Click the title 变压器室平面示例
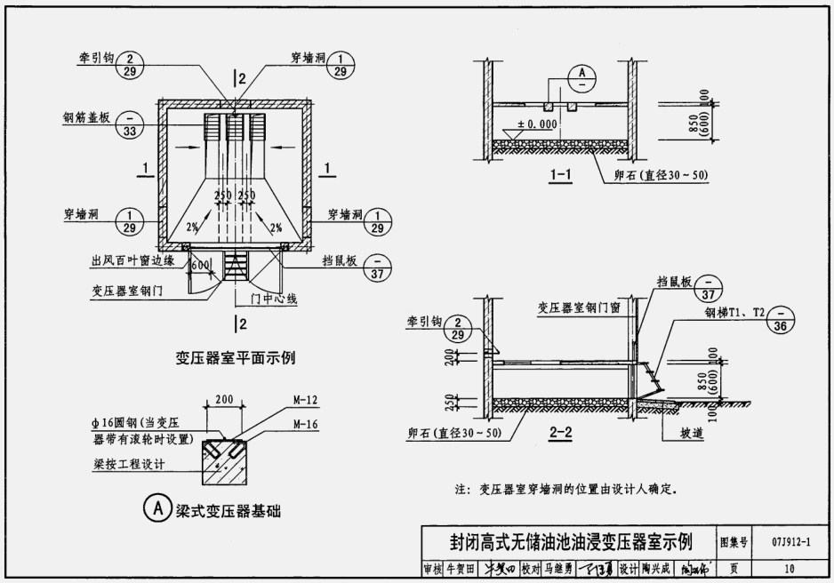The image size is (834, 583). pos(235,358)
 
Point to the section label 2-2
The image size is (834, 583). pos(562,434)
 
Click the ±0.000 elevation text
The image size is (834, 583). pos(536,124)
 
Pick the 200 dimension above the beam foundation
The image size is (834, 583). pos(224,401)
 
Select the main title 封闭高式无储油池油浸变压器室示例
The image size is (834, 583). pos(569,541)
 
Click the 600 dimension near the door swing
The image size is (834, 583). pos(200,266)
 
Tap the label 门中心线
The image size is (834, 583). pos(273,299)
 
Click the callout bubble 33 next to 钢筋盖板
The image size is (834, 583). pos(132,124)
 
